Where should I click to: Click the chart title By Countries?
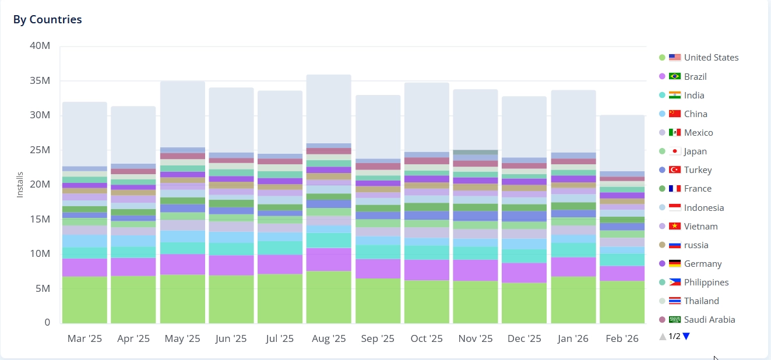(47, 20)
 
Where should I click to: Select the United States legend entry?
(711, 58)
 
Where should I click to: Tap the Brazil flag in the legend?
(675, 76)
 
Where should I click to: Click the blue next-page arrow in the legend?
(686, 336)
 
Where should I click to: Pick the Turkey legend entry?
(698, 170)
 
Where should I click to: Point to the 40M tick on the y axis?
(39, 46)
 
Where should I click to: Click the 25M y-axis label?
(39, 150)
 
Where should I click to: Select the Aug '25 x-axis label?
(329, 338)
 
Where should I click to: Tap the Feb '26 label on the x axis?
(622, 338)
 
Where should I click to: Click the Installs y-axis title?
(20, 184)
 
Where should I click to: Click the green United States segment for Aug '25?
(329, 297)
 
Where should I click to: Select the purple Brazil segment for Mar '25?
(85, 267)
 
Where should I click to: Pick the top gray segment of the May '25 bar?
(182, 114)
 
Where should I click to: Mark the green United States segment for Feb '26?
(622, 302)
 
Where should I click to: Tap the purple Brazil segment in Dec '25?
(524, 273)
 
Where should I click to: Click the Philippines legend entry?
(706, 283)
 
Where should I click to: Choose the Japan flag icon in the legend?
(675, 151)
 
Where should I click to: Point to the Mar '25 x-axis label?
(85, 338)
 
